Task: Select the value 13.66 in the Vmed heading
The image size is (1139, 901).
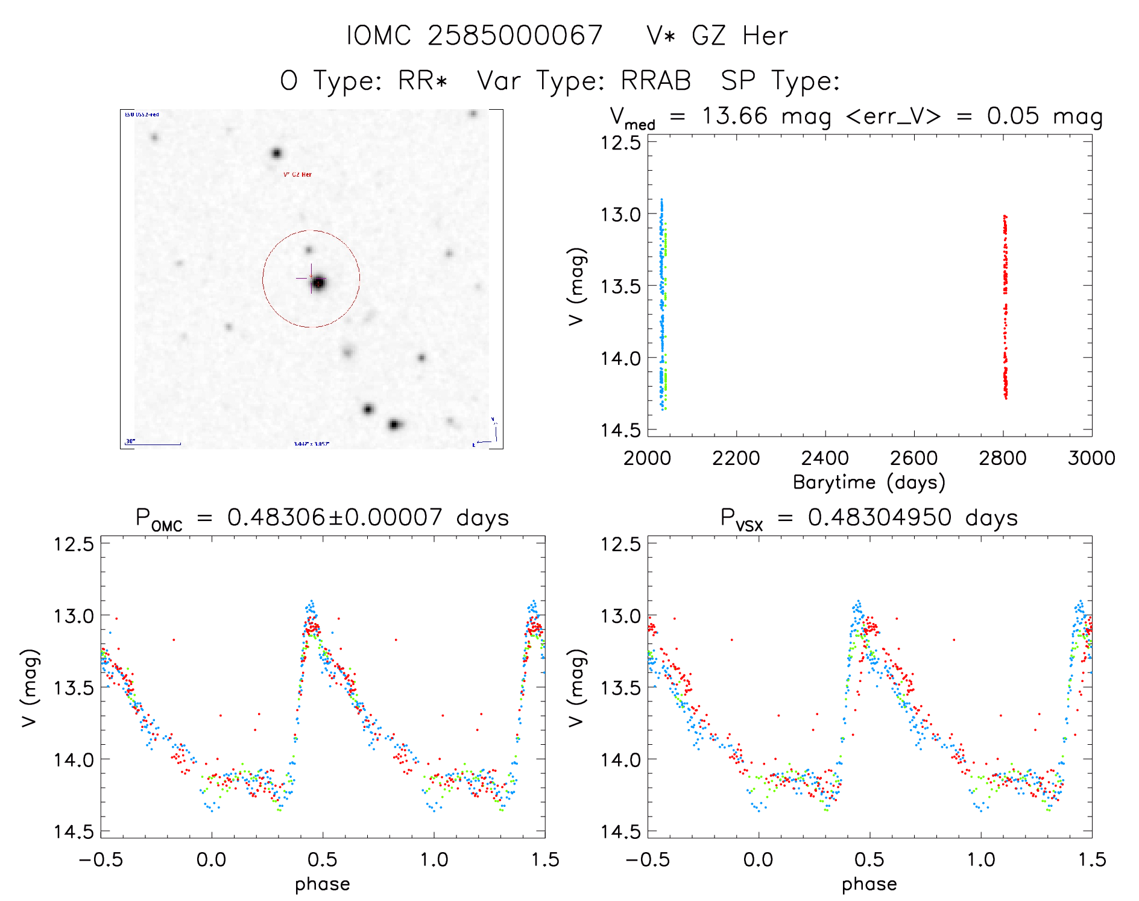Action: point(734,116)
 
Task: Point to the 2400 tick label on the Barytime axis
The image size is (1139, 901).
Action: point(825,458)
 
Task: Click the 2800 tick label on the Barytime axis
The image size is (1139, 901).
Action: point(1003,458)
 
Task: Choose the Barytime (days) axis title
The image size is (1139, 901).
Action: point(869,482)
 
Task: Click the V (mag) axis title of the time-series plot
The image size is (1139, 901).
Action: point(576,286)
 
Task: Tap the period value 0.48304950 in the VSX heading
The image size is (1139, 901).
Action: point(880,517)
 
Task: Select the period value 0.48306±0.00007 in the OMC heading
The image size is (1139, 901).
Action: point(335,517)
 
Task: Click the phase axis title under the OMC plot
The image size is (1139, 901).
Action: point(323,884)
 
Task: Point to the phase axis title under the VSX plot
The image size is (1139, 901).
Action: point(869,884)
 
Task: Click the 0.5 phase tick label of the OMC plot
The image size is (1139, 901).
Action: point(323,860)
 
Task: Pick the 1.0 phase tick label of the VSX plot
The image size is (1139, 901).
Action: point(981,860)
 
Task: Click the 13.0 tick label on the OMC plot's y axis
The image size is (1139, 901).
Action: point(74,616)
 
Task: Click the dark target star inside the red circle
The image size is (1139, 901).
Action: point(318,282)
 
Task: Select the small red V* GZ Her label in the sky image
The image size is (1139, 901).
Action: point(297,174)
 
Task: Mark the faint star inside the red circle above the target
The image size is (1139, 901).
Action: point(309,250)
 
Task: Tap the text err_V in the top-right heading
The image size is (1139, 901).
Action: point(893,116)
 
